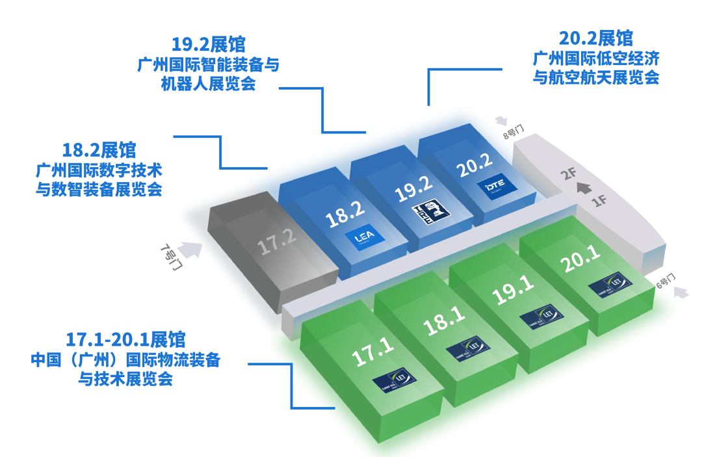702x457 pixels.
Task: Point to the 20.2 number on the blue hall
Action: click(474, 166)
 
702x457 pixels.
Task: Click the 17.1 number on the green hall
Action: click(372, 352)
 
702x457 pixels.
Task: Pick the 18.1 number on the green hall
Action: click(445, 321)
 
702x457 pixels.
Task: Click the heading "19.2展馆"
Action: click(208, 44)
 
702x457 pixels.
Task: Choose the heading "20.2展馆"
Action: click(596, 37)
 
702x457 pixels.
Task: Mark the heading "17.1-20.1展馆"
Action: click(125, 339)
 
